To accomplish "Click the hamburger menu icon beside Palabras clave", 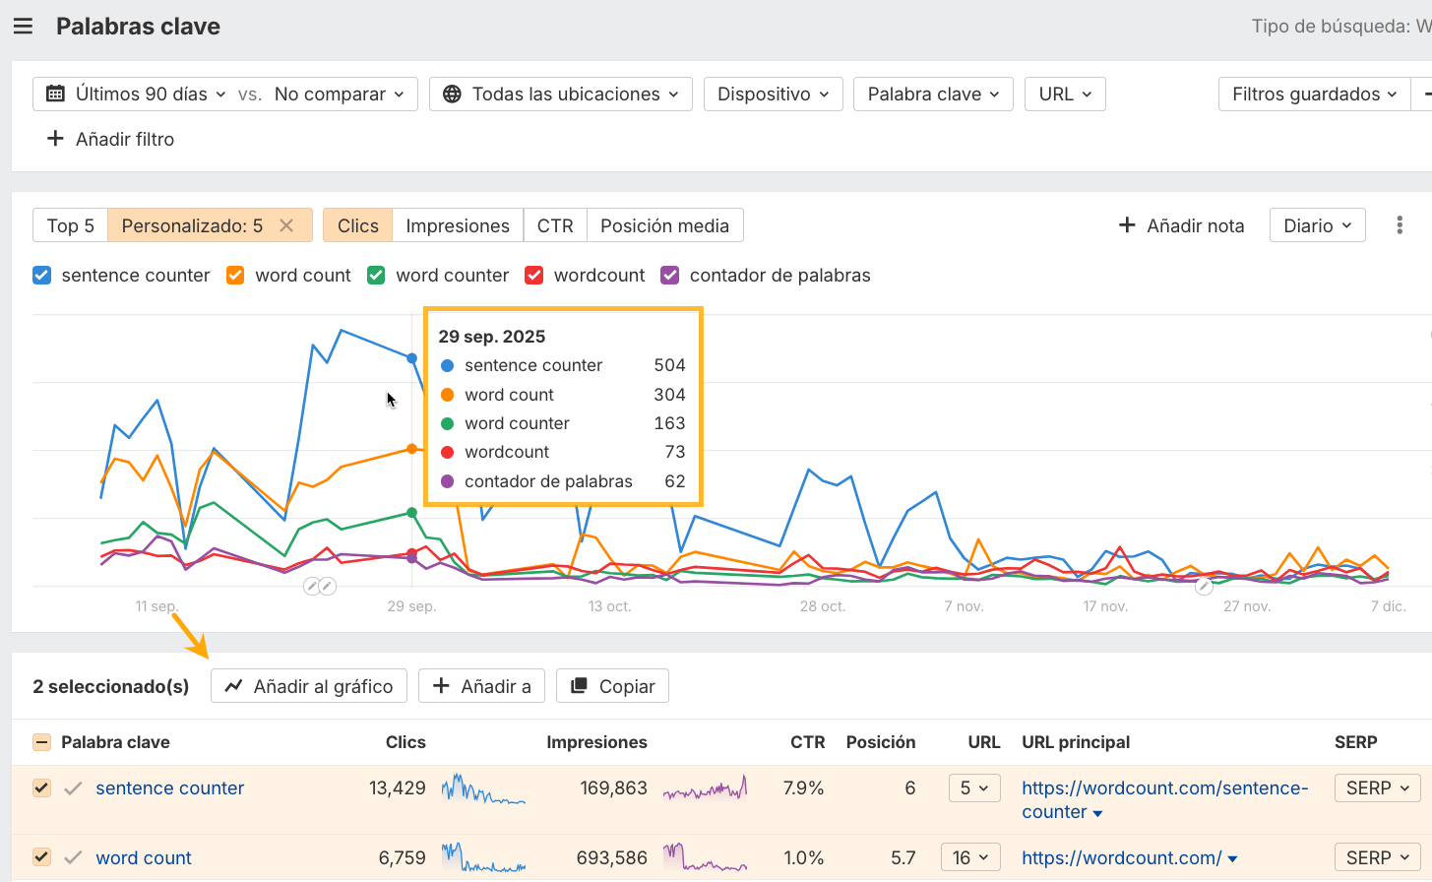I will pos(23,27).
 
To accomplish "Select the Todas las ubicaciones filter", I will pos(561,94).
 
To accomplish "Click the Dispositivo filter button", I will pos(773,94).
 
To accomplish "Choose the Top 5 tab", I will pos(70,225).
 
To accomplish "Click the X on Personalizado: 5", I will pos(286,225).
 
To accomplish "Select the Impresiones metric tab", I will pos(458,225).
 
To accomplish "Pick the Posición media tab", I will pos(664,225).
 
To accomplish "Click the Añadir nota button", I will pos(1181,225).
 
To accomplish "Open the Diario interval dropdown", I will pos(1317,225).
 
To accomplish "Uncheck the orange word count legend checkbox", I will pos(235,276).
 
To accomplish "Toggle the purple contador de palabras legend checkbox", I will pos(670,276).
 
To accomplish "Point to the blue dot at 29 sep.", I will pos(412,358).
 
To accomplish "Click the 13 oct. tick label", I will pos(609,606).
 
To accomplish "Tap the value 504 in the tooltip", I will pos(669,365).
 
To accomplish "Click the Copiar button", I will pos(612,686).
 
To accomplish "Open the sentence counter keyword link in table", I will pos(169,788).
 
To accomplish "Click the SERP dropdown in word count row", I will pos(1377,857).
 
